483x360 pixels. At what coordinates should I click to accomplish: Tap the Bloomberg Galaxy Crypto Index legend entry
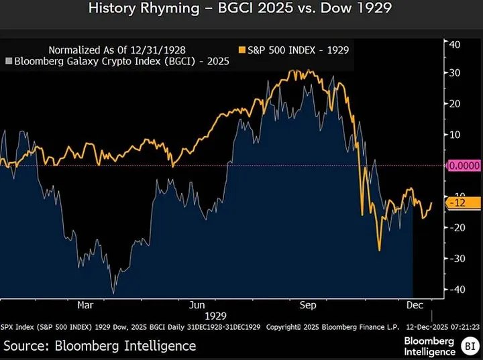click(117, 62)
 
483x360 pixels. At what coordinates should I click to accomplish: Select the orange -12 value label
click(462, 202)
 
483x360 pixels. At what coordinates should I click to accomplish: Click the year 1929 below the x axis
click(216, 315)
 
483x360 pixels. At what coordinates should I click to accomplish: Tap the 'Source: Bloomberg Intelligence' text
click(101, 345)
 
